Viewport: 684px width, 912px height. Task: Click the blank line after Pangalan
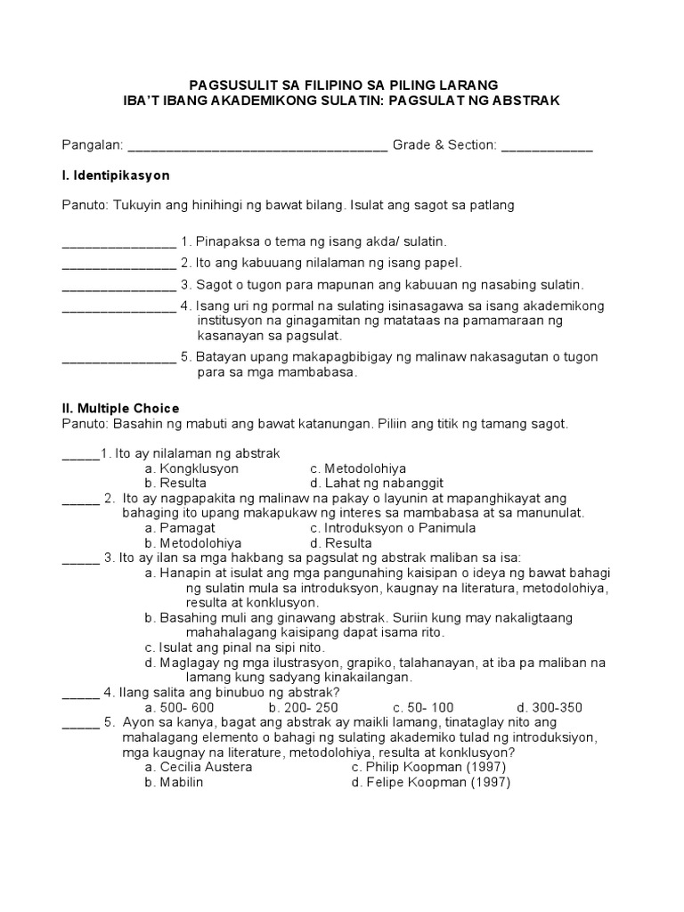point(258,146)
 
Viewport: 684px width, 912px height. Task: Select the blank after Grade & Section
point(547,146)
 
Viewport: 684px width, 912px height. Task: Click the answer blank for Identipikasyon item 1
point(118,242)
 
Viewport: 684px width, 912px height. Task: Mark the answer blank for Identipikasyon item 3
point(118,285)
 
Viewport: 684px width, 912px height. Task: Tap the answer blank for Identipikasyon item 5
point(118,357)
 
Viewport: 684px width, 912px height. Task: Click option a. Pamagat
point(179,527)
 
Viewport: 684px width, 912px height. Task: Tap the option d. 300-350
point(550,707)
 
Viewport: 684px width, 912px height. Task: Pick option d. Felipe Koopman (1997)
point(430,783)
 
